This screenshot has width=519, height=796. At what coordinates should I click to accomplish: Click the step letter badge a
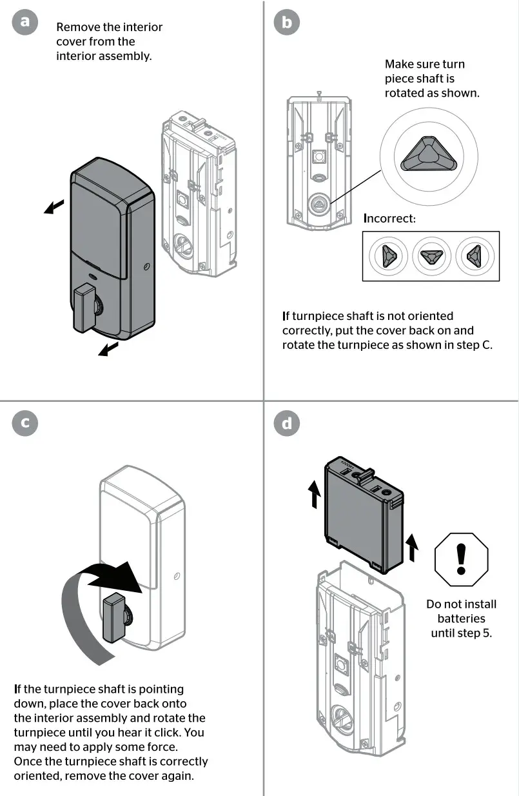pyautogui.click(x=24, y=22)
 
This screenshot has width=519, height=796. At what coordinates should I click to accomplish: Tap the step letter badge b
pyautogui.click(x=286, y=23)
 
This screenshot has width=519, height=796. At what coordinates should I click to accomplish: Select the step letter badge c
pyautogui.click(x=25, y=423)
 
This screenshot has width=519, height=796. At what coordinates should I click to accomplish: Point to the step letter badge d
pyautogui.click(x=286, y=423)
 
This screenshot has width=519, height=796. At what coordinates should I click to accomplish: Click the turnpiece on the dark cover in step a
pyautogui.click(x=85, y=308)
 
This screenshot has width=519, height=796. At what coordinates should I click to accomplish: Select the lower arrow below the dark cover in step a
pyautogui.click(x=108, y=349)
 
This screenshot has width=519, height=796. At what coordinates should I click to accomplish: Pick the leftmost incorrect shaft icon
pyautogui.click(x=388, y=256)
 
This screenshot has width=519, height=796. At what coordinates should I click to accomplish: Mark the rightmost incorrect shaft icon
pyautogui.click(x=474, y=256)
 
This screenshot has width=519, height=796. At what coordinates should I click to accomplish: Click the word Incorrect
pyautogui.click(x=389, y=219)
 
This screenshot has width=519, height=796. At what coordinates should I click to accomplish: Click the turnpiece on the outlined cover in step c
pyautogui.click(x=114, y=618)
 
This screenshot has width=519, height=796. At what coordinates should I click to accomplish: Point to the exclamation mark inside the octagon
pyautogui.click(x=461, y=559)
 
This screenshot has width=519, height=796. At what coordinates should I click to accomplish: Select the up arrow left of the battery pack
pyautogui.click(x=315, y=497)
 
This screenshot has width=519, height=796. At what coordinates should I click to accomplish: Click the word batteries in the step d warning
pyautogui.click(x=461, y=619)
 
